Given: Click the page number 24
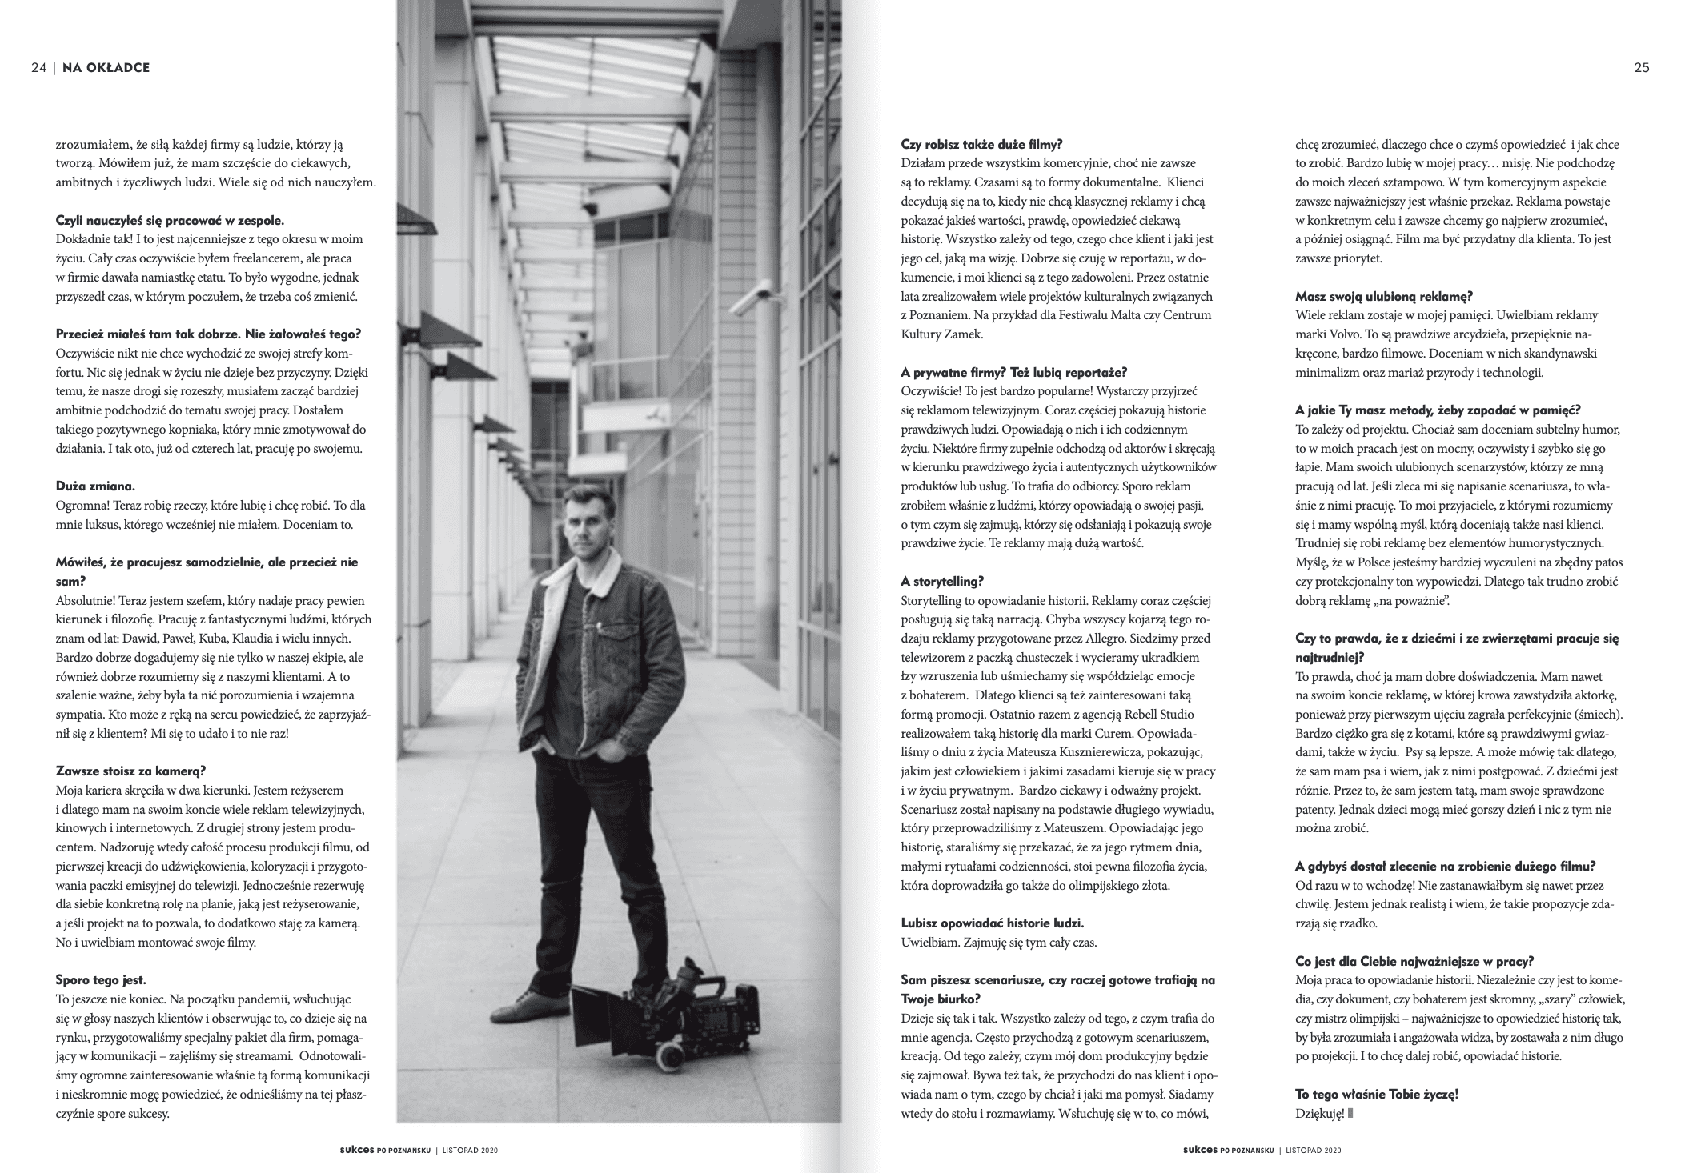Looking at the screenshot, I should [38, 68].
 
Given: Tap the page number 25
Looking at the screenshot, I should [1641, 68].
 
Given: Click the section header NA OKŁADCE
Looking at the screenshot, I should [106, 68].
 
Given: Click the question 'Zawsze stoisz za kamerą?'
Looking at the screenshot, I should [131, 771].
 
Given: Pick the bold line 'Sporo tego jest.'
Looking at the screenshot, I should [101, 979].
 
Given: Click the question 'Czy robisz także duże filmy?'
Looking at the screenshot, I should [981, 145].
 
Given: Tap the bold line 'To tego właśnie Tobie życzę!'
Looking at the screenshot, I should [1377, 1094].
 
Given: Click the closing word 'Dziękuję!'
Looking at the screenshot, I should [1320, 1113].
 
